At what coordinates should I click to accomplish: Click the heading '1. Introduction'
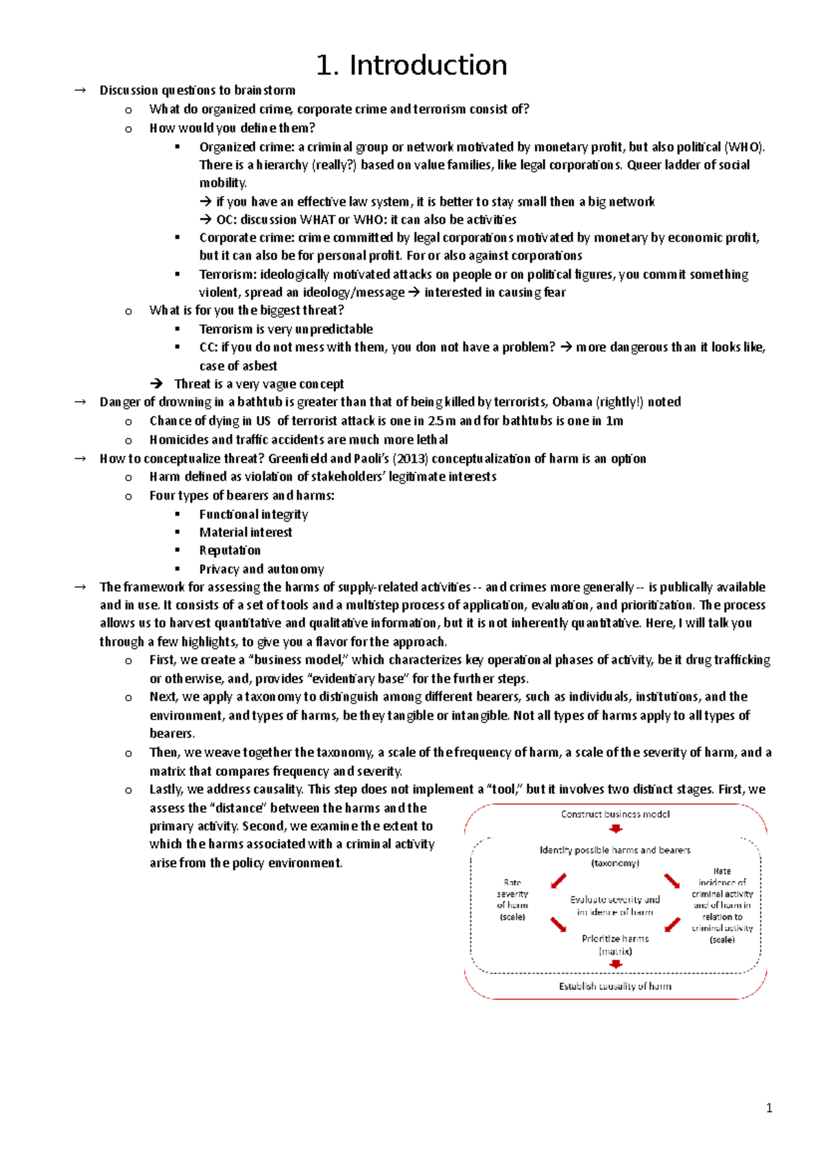[x=411, y=66]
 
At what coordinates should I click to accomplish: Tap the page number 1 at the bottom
[x=769, y=1108]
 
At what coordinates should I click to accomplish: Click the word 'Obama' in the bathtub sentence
[x=572, y=402]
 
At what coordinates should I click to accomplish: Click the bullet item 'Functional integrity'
[x=253, y=514]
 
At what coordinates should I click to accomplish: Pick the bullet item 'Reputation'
[x=230, y=550]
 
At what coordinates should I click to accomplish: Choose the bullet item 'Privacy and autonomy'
[x=261, y=569]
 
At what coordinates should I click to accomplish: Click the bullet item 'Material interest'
[x=246, y=533]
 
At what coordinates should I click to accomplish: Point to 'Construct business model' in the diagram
[x=615, y=814]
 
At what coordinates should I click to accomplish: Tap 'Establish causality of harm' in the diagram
[x=615, y=986]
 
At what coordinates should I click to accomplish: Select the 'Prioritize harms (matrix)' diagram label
[x=615, y=945]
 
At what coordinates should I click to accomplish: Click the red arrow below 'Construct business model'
[x=616, y=829]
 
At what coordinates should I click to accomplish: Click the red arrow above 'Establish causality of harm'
[x=616, y=965]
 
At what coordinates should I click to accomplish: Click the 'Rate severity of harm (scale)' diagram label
[x=512, y=899]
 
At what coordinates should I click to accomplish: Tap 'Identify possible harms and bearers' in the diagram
[x=615, y=850]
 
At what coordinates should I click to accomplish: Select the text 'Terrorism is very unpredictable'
[x=286, y=329]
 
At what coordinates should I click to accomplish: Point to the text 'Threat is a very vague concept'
[x=259, y=384]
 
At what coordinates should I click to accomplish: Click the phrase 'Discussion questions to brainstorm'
[x=198, y=90]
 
